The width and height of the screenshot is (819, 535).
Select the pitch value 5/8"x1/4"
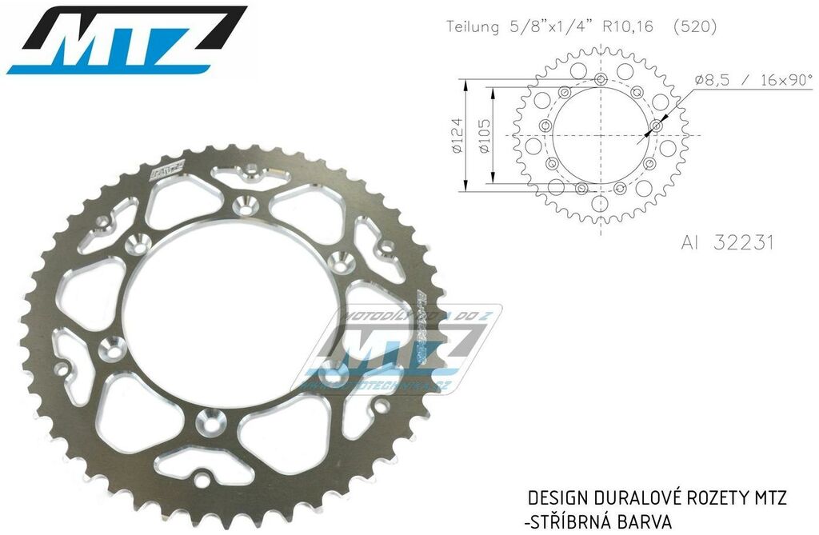(x=543, y=26)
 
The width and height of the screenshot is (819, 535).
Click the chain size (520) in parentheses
(x=694, y=26)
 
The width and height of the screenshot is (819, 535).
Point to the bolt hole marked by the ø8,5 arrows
(x=657, y=126)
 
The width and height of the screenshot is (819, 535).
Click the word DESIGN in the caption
(x=558, y=498)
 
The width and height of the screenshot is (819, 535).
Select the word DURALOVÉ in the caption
(x=634, y=498)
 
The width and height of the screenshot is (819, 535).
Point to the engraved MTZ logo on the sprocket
(x=166, y=170)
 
